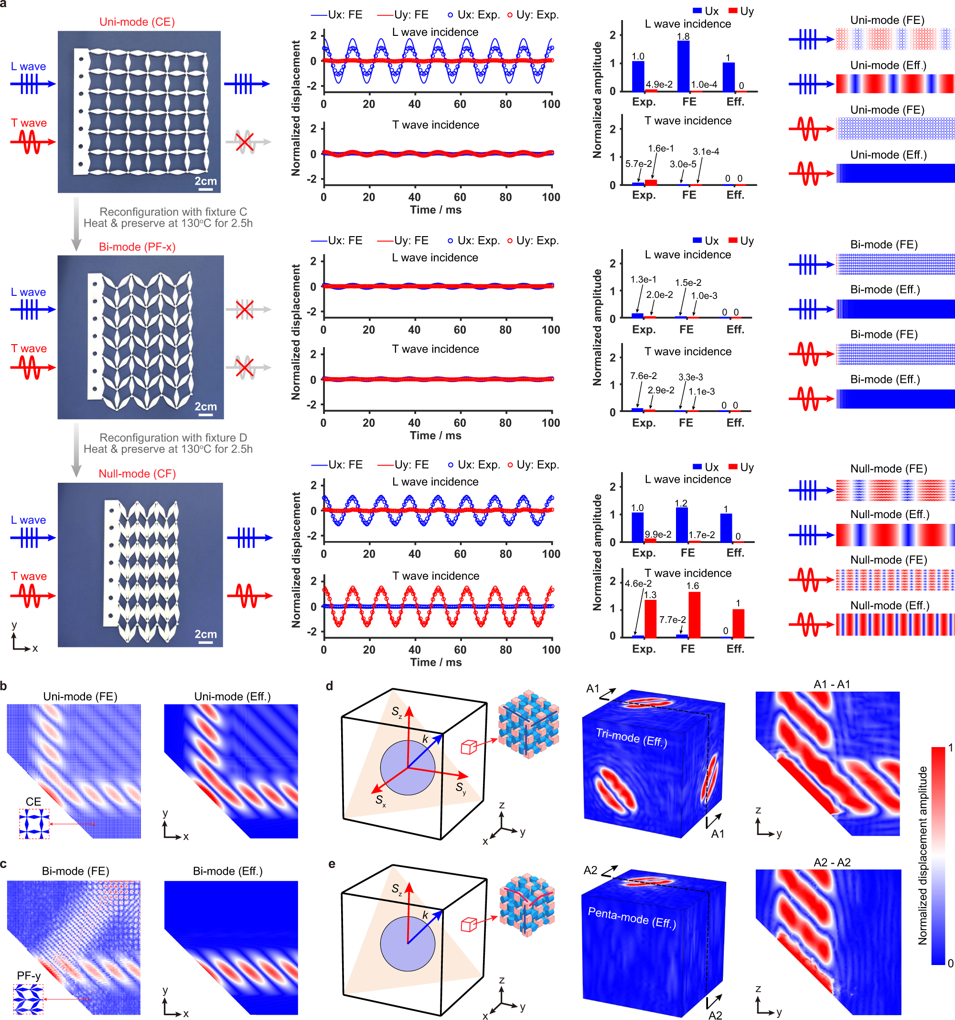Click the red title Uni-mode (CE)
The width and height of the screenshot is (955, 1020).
click(137, 22)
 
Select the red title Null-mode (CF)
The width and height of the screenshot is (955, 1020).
click(137, 474)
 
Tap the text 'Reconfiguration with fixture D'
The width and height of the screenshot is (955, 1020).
click(173, 438)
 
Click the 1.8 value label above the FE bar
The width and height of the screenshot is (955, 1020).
click(683, 36)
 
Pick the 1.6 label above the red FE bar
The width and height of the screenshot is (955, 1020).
click(692, 586)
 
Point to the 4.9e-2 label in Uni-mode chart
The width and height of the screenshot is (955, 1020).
click(659, 84)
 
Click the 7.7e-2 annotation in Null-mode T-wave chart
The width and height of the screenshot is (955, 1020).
click(672, 620)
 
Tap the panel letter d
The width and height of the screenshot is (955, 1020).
click(329, 686)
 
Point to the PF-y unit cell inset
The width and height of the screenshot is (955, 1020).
click(28, 999)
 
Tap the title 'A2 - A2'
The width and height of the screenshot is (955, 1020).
click(832, 862)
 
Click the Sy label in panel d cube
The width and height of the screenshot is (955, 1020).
click(461, 788)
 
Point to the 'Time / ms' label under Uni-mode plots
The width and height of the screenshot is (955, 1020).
click(435, 210)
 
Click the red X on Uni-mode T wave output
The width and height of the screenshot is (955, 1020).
click(245, 141)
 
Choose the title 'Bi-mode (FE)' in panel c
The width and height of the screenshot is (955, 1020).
click(75, 871)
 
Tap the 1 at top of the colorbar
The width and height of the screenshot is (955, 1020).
click(950, 748)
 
